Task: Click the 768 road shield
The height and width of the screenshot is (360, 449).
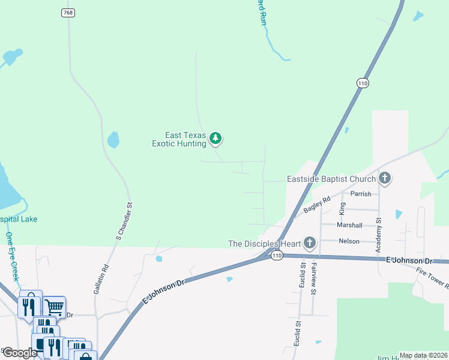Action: coord(68,13)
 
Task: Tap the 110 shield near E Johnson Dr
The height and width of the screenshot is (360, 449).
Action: coord(276,256)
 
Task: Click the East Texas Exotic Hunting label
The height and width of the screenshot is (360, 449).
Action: coord(179,140)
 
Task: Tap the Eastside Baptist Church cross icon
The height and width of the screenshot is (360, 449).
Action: coord(385,178)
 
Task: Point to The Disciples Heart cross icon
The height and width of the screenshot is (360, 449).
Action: coord(309,243)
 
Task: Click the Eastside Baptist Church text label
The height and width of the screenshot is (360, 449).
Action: coord(331,178)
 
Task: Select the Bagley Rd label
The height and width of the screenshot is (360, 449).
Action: coord(317,206)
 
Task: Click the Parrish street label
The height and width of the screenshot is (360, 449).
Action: coord(361,194)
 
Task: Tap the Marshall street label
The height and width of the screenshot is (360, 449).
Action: coord(349,225)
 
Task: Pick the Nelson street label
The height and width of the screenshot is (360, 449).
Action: coord(349,241)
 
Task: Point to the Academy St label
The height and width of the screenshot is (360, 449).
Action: coord(379,237)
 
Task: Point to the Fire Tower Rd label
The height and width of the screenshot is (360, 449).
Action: coord(432,277)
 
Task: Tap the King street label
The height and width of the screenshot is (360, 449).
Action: coord(343,208)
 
